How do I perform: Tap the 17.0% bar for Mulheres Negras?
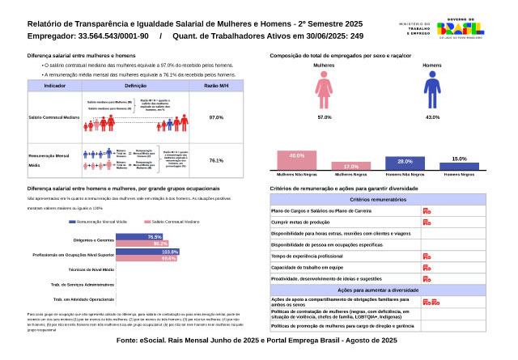[x=340, y=165]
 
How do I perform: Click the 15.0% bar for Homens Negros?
[x=459, y=163]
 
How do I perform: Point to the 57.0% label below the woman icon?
[x=325, y=117]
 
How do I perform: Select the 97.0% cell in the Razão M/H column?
[x=216, y=117]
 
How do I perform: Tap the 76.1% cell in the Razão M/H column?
[x=216, y=160]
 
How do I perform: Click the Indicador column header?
[x=55, y=85]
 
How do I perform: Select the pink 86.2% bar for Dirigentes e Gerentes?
[x=142, y=243]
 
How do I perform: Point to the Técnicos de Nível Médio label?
[x=91, y=268]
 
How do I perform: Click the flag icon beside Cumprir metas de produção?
[x=427, y=222]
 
